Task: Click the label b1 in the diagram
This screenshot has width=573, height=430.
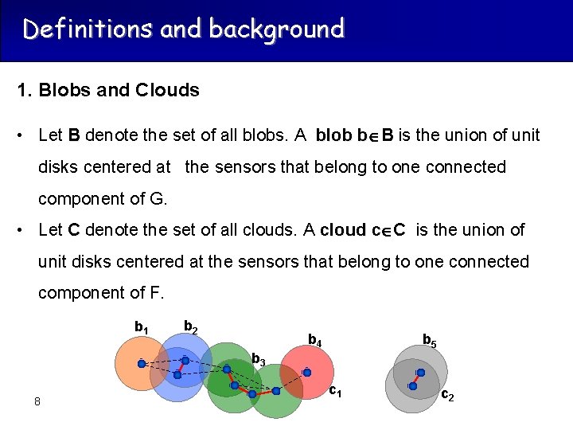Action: tap(141, 327)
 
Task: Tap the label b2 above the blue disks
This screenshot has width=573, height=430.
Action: tap(191, 326)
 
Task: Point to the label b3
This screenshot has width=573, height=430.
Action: tap(258, 360)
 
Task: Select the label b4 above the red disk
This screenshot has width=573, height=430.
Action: tap(314, 342)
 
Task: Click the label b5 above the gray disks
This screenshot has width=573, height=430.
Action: tap(428, 341)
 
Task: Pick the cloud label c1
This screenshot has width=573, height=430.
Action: tap(336, 391)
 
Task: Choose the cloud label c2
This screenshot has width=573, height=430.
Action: tap(448, 395)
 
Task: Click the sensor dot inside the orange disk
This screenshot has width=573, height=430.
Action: tap(142, 364)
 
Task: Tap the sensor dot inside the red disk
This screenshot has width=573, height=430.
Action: tap(306, 373)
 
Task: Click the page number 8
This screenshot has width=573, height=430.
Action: tap(37, 401)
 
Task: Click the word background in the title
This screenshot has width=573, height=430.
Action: tap(276, 29)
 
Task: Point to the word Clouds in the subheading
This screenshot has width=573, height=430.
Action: tap(167, 90)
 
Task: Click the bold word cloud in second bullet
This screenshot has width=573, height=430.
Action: tap(343, 230)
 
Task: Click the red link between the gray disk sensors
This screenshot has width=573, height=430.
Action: tap(416, 380)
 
